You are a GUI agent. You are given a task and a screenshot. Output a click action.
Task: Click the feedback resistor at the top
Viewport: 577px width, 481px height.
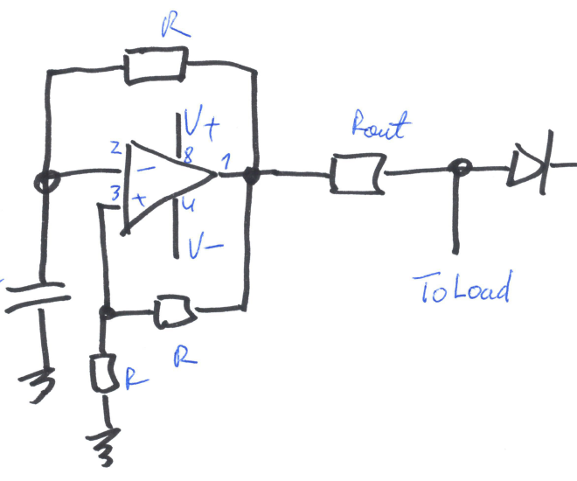[x=156, y=66]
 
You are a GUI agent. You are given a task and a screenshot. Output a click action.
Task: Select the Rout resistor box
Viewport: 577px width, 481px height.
[x=354, y=175]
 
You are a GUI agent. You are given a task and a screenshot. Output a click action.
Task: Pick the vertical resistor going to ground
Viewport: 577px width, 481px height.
[x=104, y=373]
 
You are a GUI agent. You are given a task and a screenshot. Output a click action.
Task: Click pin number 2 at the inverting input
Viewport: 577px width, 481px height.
[x=115, y=147]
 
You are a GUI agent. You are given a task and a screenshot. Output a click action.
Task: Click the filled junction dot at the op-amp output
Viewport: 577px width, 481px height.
[x=253, y=178]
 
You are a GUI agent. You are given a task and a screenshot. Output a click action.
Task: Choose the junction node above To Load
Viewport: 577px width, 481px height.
[x=455, y=168]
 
